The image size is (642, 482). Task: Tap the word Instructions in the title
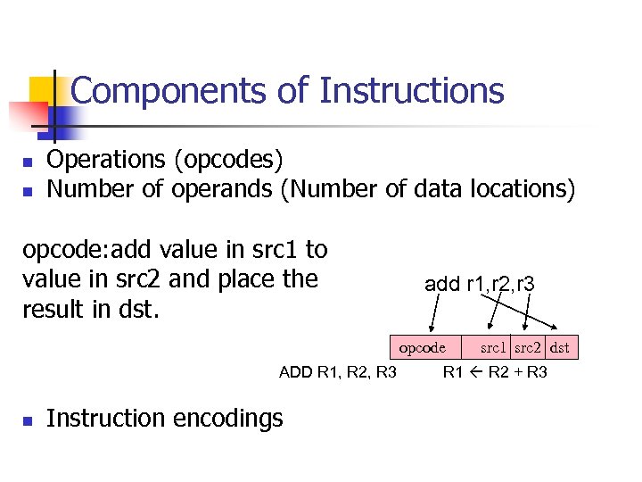pyautogui.click(x=411, y=91)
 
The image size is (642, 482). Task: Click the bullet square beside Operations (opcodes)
pyautogui.click(x=28, y=162)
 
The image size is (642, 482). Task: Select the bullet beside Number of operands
pyautogui.click(x=28, y=191)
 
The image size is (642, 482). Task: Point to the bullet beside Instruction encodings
pyautogui.click(x=28, y=420)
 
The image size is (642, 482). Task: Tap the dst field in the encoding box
pyautogui.click(x=560, y=347)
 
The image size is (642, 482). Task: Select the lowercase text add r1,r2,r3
pyautogui.click(x=479, y=284)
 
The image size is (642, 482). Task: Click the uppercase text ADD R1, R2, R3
pyautogui.click(x=338, y=372)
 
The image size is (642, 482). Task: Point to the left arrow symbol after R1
pyautogui.click(x=474, y=372)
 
